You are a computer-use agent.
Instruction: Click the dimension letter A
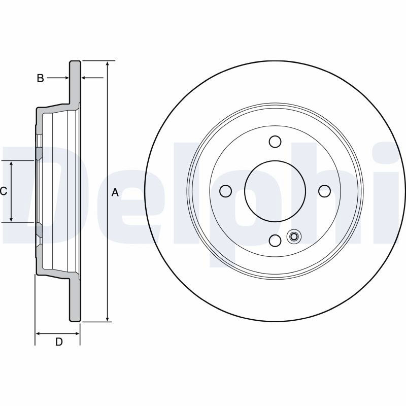[x=115, y=192]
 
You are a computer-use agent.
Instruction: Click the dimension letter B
[x=41, y=78]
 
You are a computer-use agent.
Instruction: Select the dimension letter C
[x=4, y=191]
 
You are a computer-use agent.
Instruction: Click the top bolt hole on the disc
[x=275, y=142]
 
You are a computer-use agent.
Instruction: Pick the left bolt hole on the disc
[x=225, y=191]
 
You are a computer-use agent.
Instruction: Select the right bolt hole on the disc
[x=324, y=191]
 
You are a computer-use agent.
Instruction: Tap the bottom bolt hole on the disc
[x=275, y=241]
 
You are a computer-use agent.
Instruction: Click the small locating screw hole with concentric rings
[x=294, y=236]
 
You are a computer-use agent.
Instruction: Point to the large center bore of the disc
[x=275, y=191]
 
